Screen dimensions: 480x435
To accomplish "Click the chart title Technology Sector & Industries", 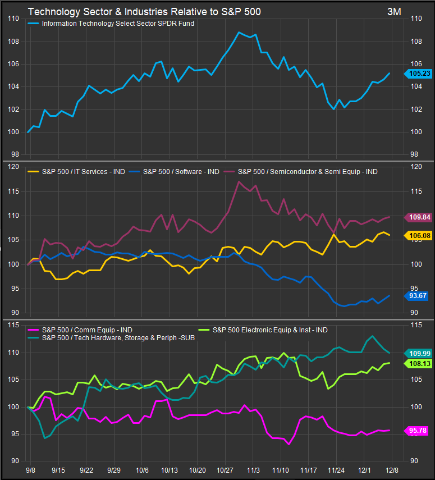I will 144,11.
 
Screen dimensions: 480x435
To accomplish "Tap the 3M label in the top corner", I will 394,11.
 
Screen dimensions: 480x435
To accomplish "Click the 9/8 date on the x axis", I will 32,470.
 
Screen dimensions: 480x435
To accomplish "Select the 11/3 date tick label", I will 252,470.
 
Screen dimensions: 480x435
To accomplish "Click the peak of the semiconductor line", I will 239,181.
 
